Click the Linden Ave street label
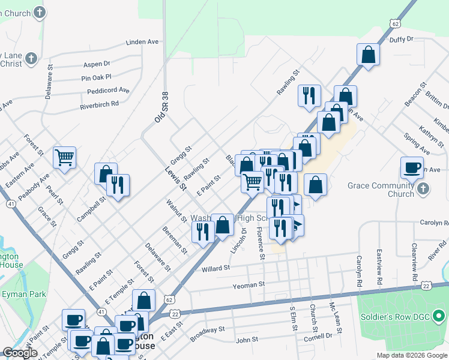point(142,42)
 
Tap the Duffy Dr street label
point(402,39)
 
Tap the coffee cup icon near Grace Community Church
point(412,168)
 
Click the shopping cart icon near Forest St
point(64,158)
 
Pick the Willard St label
point(216,268)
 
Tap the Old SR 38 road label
point(160,108)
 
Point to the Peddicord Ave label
point(108,91)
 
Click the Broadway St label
point(207,334)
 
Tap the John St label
point(247,340)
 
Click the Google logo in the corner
point(19,353)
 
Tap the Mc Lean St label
point(336,319)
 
